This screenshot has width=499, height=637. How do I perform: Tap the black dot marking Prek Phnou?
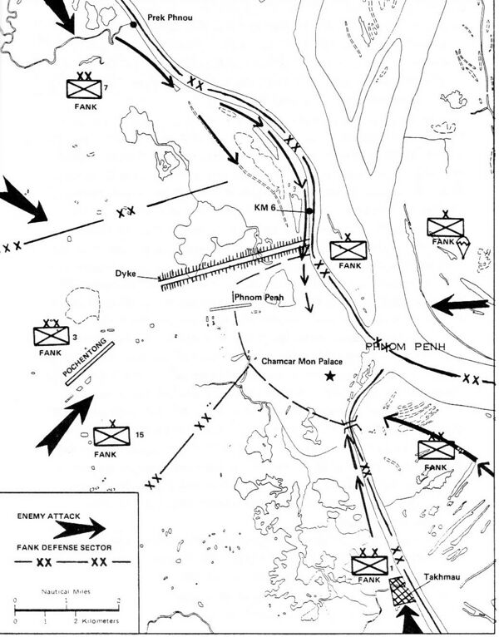click(x=133, y=26)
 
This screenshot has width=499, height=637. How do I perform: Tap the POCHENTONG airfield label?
click(x=86, y=363)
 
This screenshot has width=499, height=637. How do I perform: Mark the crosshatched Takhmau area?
click(x=403, y=594)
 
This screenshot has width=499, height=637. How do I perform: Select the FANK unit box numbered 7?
click(x=86, y=88)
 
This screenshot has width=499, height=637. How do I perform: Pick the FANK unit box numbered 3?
click(x=52, y=336)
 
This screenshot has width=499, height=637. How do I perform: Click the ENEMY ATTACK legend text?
click(x=48, y=516)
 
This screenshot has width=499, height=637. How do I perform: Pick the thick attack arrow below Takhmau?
click(x=409, y=620)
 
